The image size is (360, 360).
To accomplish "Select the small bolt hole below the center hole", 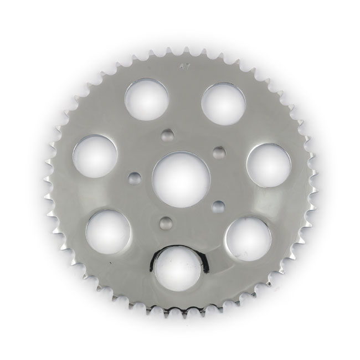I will pyautogui.click(x=164, y=222).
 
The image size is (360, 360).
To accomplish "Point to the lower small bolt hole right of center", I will pyautogui.click(x=218, y=205).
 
